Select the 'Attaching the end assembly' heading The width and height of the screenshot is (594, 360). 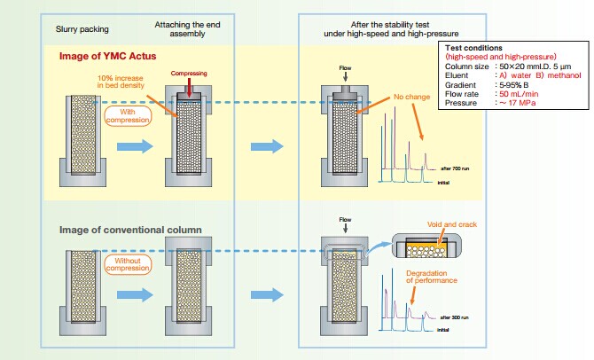tap(182, 27)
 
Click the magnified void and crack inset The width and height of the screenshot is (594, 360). tap(428, 243)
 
